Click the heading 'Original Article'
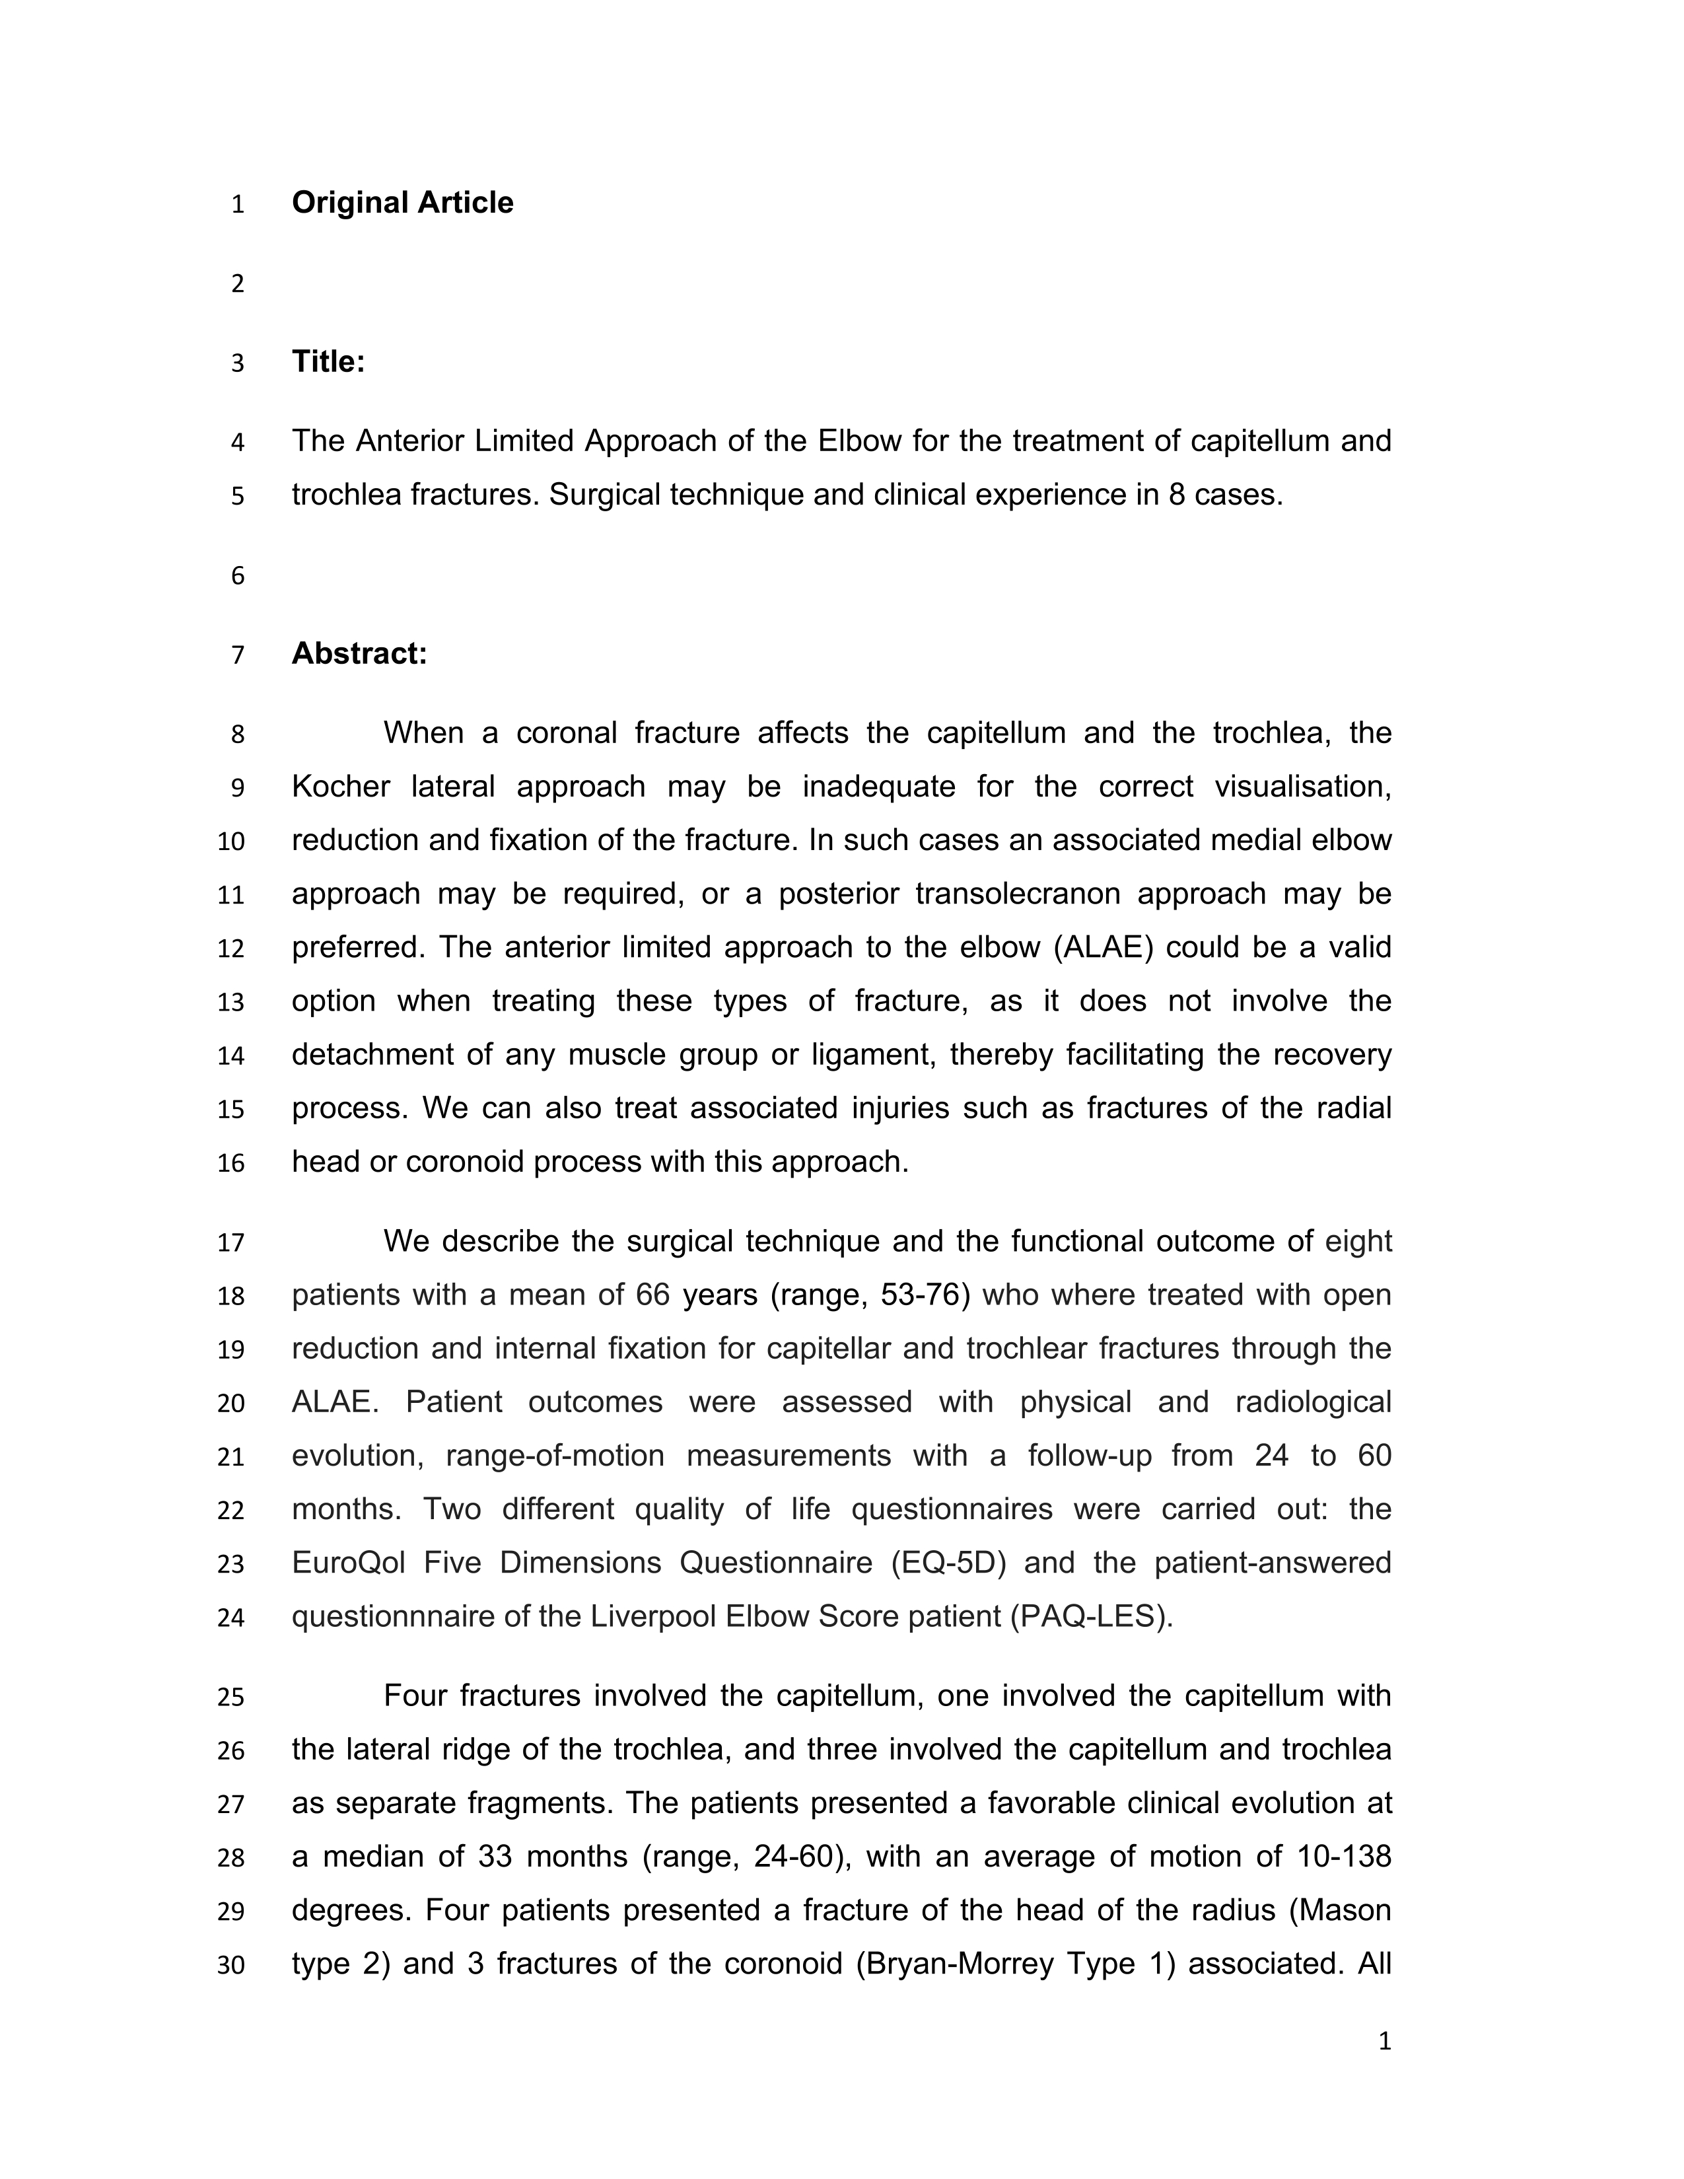click(402, 203)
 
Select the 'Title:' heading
click(328, 361)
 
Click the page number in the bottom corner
click(1384, 2042)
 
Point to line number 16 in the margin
click(230, 1163)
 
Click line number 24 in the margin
click(230, 1618)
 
